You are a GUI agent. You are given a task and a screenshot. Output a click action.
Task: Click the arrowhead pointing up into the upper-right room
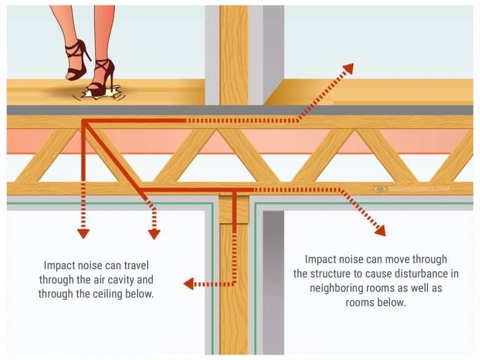pyautogui.click(x=347, y=68)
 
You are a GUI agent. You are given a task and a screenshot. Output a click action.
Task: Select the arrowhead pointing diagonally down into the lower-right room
pyautogui.click(x=379, y=230)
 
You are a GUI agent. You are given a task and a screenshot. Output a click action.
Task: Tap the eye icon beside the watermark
pyautogui.click(x=379, y=189)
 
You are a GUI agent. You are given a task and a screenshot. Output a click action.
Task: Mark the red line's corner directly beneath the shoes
pyautogui.click(x=82, y=121)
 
